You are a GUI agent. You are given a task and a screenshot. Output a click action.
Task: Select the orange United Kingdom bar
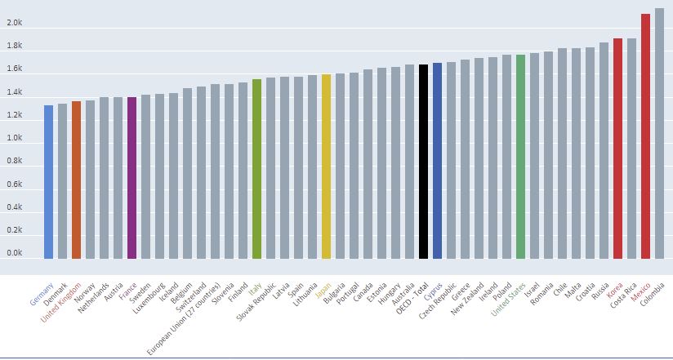click(x=76, y=180)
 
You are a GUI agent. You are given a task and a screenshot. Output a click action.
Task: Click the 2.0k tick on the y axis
click(x=15, y=24)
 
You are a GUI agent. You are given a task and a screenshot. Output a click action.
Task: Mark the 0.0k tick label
click(x=15, y=254)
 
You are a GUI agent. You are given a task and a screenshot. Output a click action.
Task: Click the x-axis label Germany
click(x=42, y=294)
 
